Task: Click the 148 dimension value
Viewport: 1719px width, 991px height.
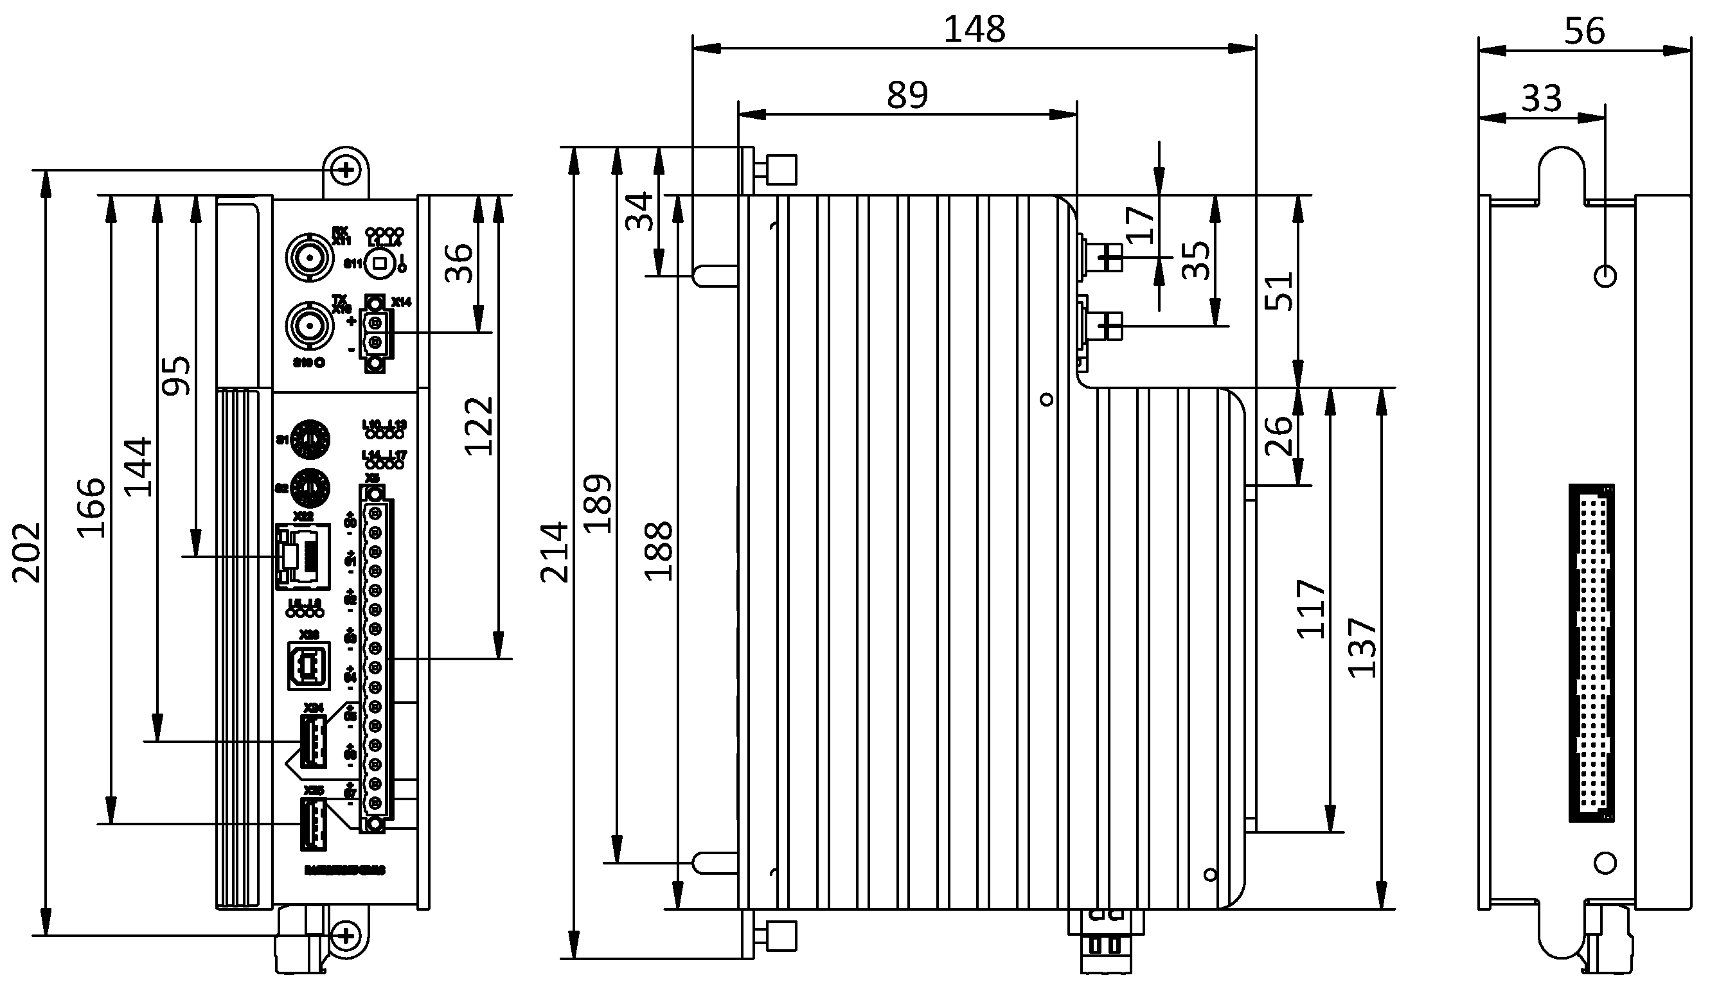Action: (x=974, y=30)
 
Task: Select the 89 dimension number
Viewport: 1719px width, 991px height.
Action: (x=907, y=95)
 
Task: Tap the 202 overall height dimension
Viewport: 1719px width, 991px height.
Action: (x=27, y=553)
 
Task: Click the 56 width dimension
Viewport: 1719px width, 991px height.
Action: (x=1584, y=31)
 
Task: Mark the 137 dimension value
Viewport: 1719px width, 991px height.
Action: (x=1362, y=648)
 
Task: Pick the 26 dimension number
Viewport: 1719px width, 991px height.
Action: (x=1279, y=435)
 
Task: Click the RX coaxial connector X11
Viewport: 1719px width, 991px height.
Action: (x=310, y=258)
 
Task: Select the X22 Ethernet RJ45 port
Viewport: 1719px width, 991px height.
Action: (x=302, y=556)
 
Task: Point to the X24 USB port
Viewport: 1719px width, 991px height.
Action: (x=312, y=741)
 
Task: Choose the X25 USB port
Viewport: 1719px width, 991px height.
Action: (x=312, y=823)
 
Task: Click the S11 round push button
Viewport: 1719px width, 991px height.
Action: (x=380, y=263)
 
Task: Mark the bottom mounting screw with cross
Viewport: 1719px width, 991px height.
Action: (x=346, y=935)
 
